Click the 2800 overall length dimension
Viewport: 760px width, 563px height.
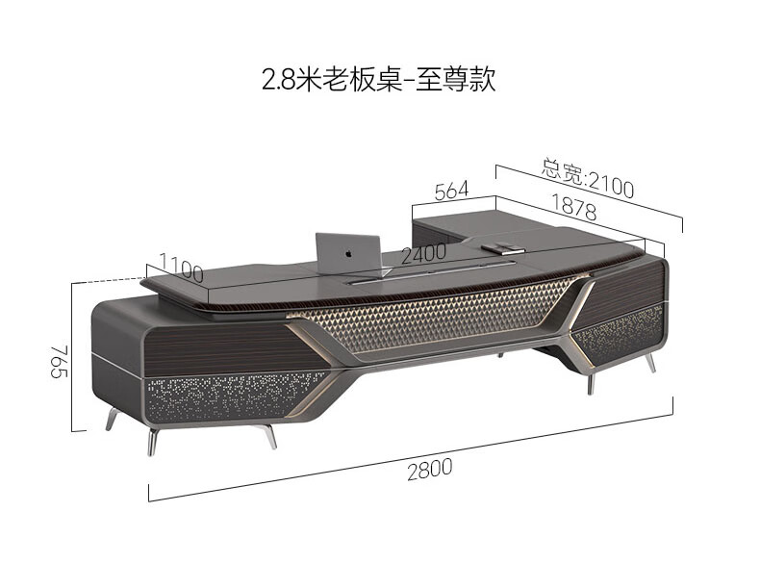[428, 471]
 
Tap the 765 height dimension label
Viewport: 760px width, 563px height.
[60, 365]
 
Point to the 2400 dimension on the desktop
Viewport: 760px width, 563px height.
[423, 254]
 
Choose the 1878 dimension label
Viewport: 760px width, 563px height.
[575, 206]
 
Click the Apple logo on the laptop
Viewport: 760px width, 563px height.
[347, 253]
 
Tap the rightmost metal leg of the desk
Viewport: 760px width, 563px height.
[651, 364]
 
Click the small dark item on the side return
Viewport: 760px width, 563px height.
[501, 248]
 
